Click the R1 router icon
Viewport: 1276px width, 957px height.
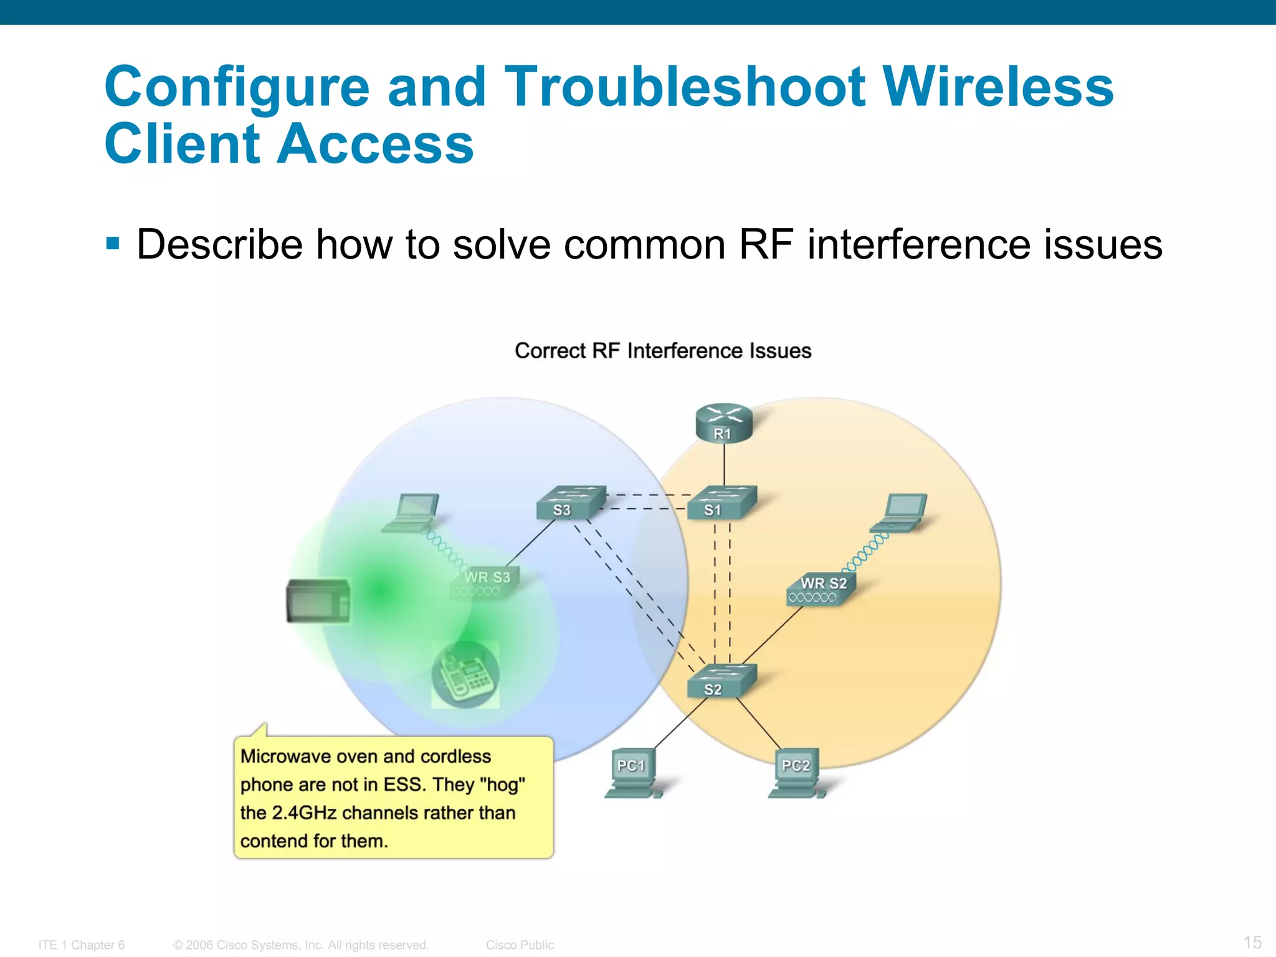723,424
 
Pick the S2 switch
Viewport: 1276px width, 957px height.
721,681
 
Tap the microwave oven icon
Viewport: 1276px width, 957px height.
318,601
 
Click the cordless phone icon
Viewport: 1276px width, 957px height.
465,675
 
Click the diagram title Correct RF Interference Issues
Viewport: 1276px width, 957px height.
663,351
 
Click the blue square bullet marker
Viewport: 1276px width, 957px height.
113,242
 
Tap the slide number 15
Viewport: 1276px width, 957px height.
1252,942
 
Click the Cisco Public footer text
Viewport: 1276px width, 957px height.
520,945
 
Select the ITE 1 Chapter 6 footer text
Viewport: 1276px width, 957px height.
82,945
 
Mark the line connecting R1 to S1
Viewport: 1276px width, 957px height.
724,465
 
